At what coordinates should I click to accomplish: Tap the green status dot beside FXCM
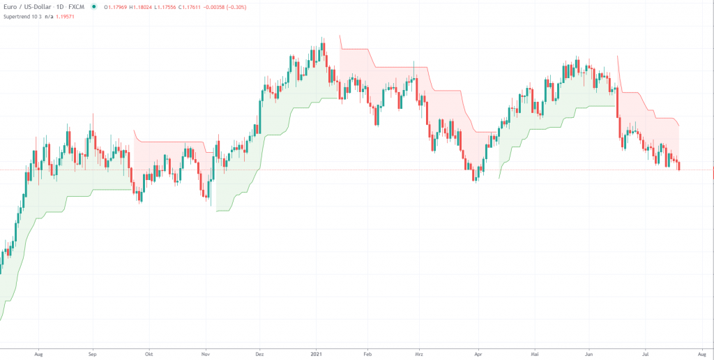click(93, 7)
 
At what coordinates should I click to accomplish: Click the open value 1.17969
click(116, 7)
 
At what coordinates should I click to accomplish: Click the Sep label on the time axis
click(93, 354)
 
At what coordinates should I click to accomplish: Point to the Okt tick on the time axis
click(148, 354)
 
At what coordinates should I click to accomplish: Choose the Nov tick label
click(205, 354)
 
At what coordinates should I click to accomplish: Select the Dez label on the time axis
click(259, 354)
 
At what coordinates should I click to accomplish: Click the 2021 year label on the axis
click(317, 354)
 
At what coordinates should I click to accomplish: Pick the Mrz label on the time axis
click(419, 354)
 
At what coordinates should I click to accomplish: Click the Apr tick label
click(478, 354)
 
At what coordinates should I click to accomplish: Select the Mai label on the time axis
click(534, 354)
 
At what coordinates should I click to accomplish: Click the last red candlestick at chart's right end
click(679, 165)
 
